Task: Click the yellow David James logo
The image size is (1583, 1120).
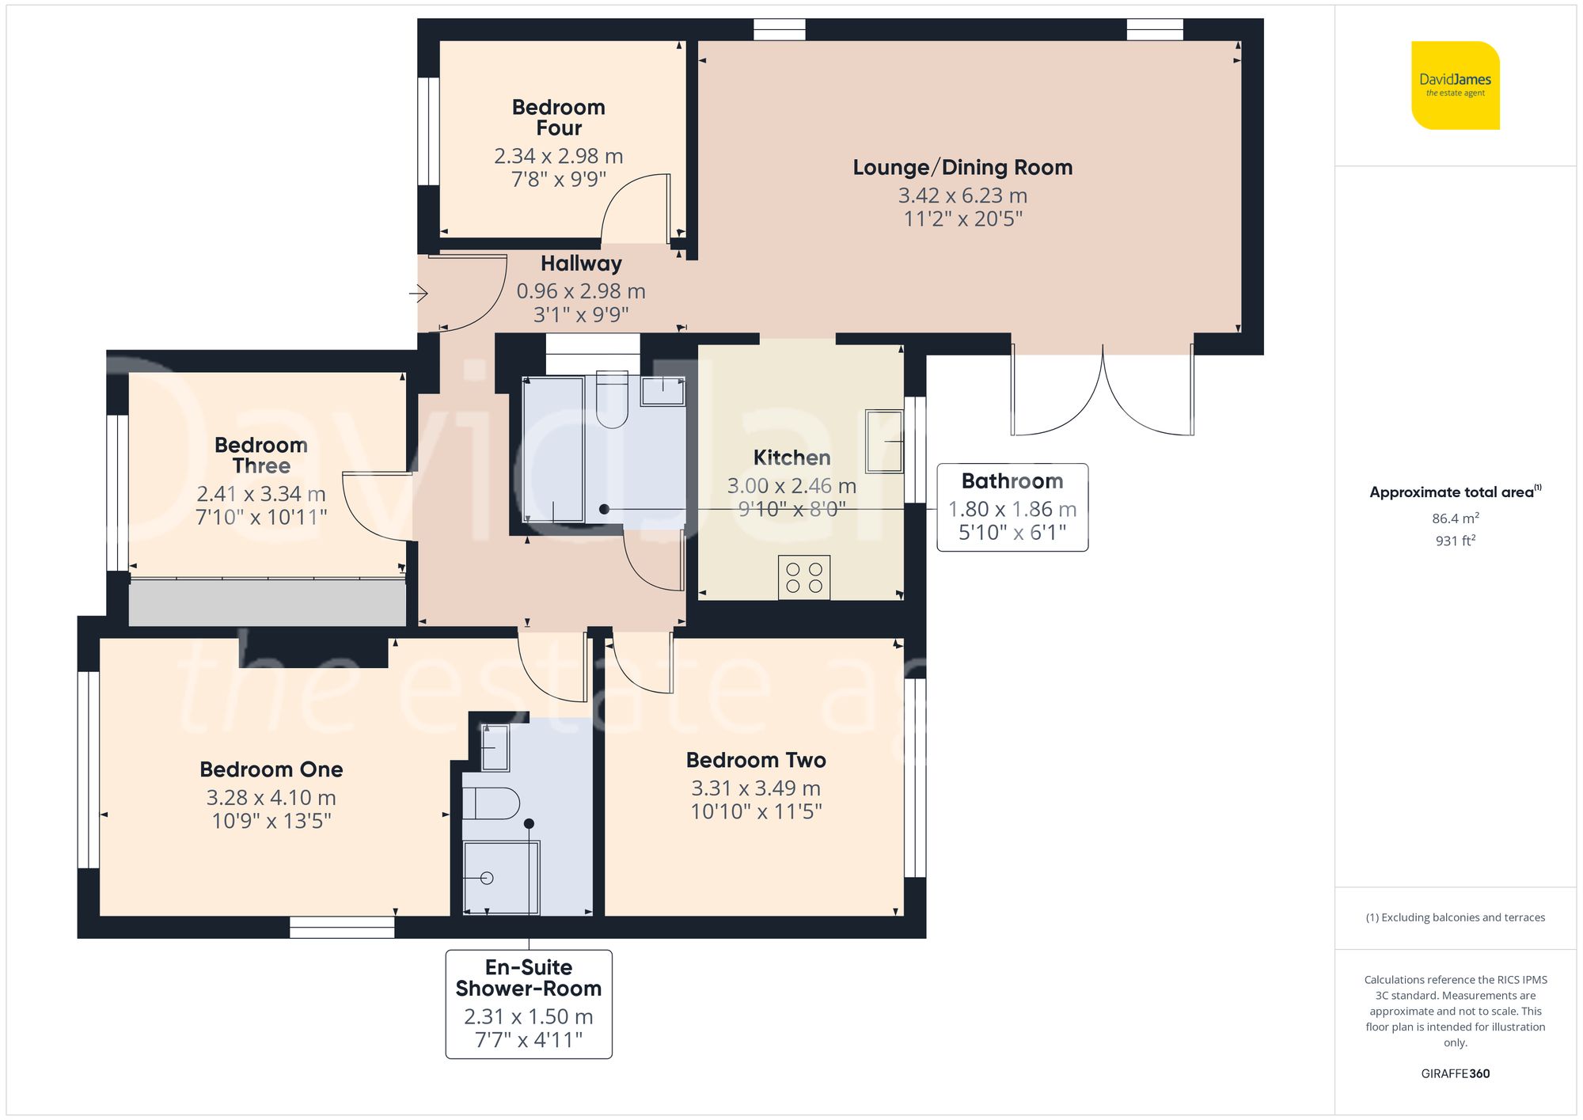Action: click(1456, 85)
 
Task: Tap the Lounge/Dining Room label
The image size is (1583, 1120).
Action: click(962, 168)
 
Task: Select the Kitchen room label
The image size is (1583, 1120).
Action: click(791, 457)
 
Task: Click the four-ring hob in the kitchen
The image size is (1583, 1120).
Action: click(804, 577)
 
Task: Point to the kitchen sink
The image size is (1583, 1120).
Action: click(884, 441)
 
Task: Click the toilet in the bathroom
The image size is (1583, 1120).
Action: click(612, 400)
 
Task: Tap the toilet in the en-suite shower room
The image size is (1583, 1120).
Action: click(491, 804)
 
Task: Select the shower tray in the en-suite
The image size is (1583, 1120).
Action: click(501, 878)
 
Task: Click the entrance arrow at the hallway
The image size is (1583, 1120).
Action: click(419, 294)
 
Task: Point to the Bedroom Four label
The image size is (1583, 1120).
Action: click(559, 117)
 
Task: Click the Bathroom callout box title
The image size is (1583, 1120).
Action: click(1012, 481)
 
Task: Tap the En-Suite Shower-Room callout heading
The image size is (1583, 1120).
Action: click(529, 978)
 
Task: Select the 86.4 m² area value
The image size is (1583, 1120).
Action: click(1456, 518)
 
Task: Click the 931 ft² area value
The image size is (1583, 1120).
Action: click(1456, 541)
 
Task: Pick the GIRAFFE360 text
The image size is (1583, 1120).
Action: click(1456, 1074)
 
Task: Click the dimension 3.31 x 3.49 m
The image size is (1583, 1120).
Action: click(756, 788)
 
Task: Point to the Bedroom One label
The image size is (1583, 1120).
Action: click(271, 769)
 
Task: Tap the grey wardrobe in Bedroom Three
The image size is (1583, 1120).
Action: click(268, 602)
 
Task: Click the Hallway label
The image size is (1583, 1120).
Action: click(581, 264)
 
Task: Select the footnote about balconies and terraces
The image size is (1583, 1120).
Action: click(1456, 918)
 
